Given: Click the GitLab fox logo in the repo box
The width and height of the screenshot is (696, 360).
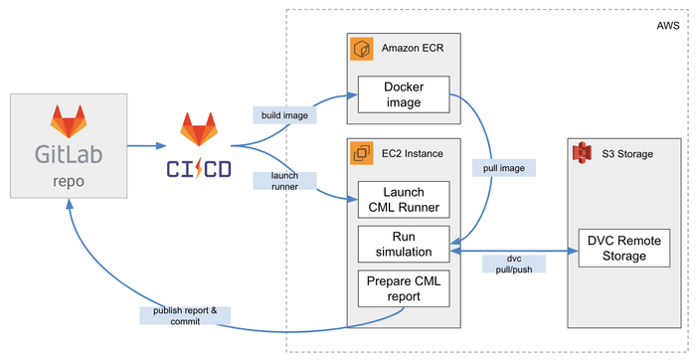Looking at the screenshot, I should coord(68,122).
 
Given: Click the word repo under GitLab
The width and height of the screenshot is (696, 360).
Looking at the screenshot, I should coord(68,183).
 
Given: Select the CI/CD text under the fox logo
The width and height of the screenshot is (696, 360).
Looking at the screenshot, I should coord(198,168).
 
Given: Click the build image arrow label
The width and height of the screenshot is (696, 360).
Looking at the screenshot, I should coord(284,115).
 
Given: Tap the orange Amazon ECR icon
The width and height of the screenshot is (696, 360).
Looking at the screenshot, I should coord(361,48).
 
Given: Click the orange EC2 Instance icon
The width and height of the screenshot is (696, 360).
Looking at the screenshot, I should coord(361,154).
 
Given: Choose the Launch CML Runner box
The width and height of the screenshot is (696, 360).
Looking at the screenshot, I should coord(403,200).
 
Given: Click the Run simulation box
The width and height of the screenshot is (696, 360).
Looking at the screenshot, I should coord(403,244).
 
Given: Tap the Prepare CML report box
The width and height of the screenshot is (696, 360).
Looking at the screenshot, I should coord(403,287).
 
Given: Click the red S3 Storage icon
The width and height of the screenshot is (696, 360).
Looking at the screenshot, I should coord(581,154).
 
